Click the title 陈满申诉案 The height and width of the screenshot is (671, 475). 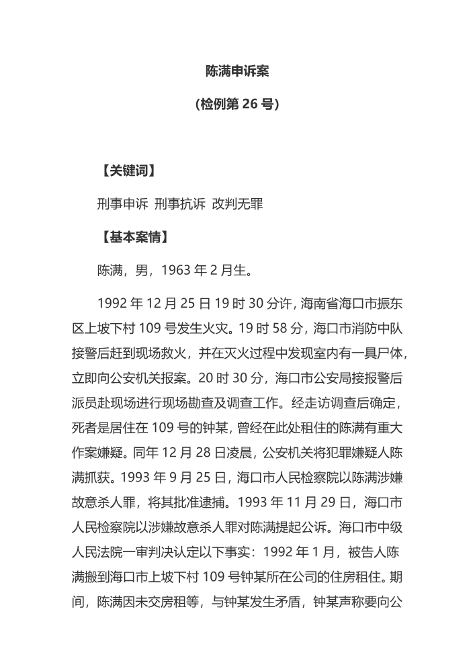[237, 71]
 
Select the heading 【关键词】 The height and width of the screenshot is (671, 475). [128, 171]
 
